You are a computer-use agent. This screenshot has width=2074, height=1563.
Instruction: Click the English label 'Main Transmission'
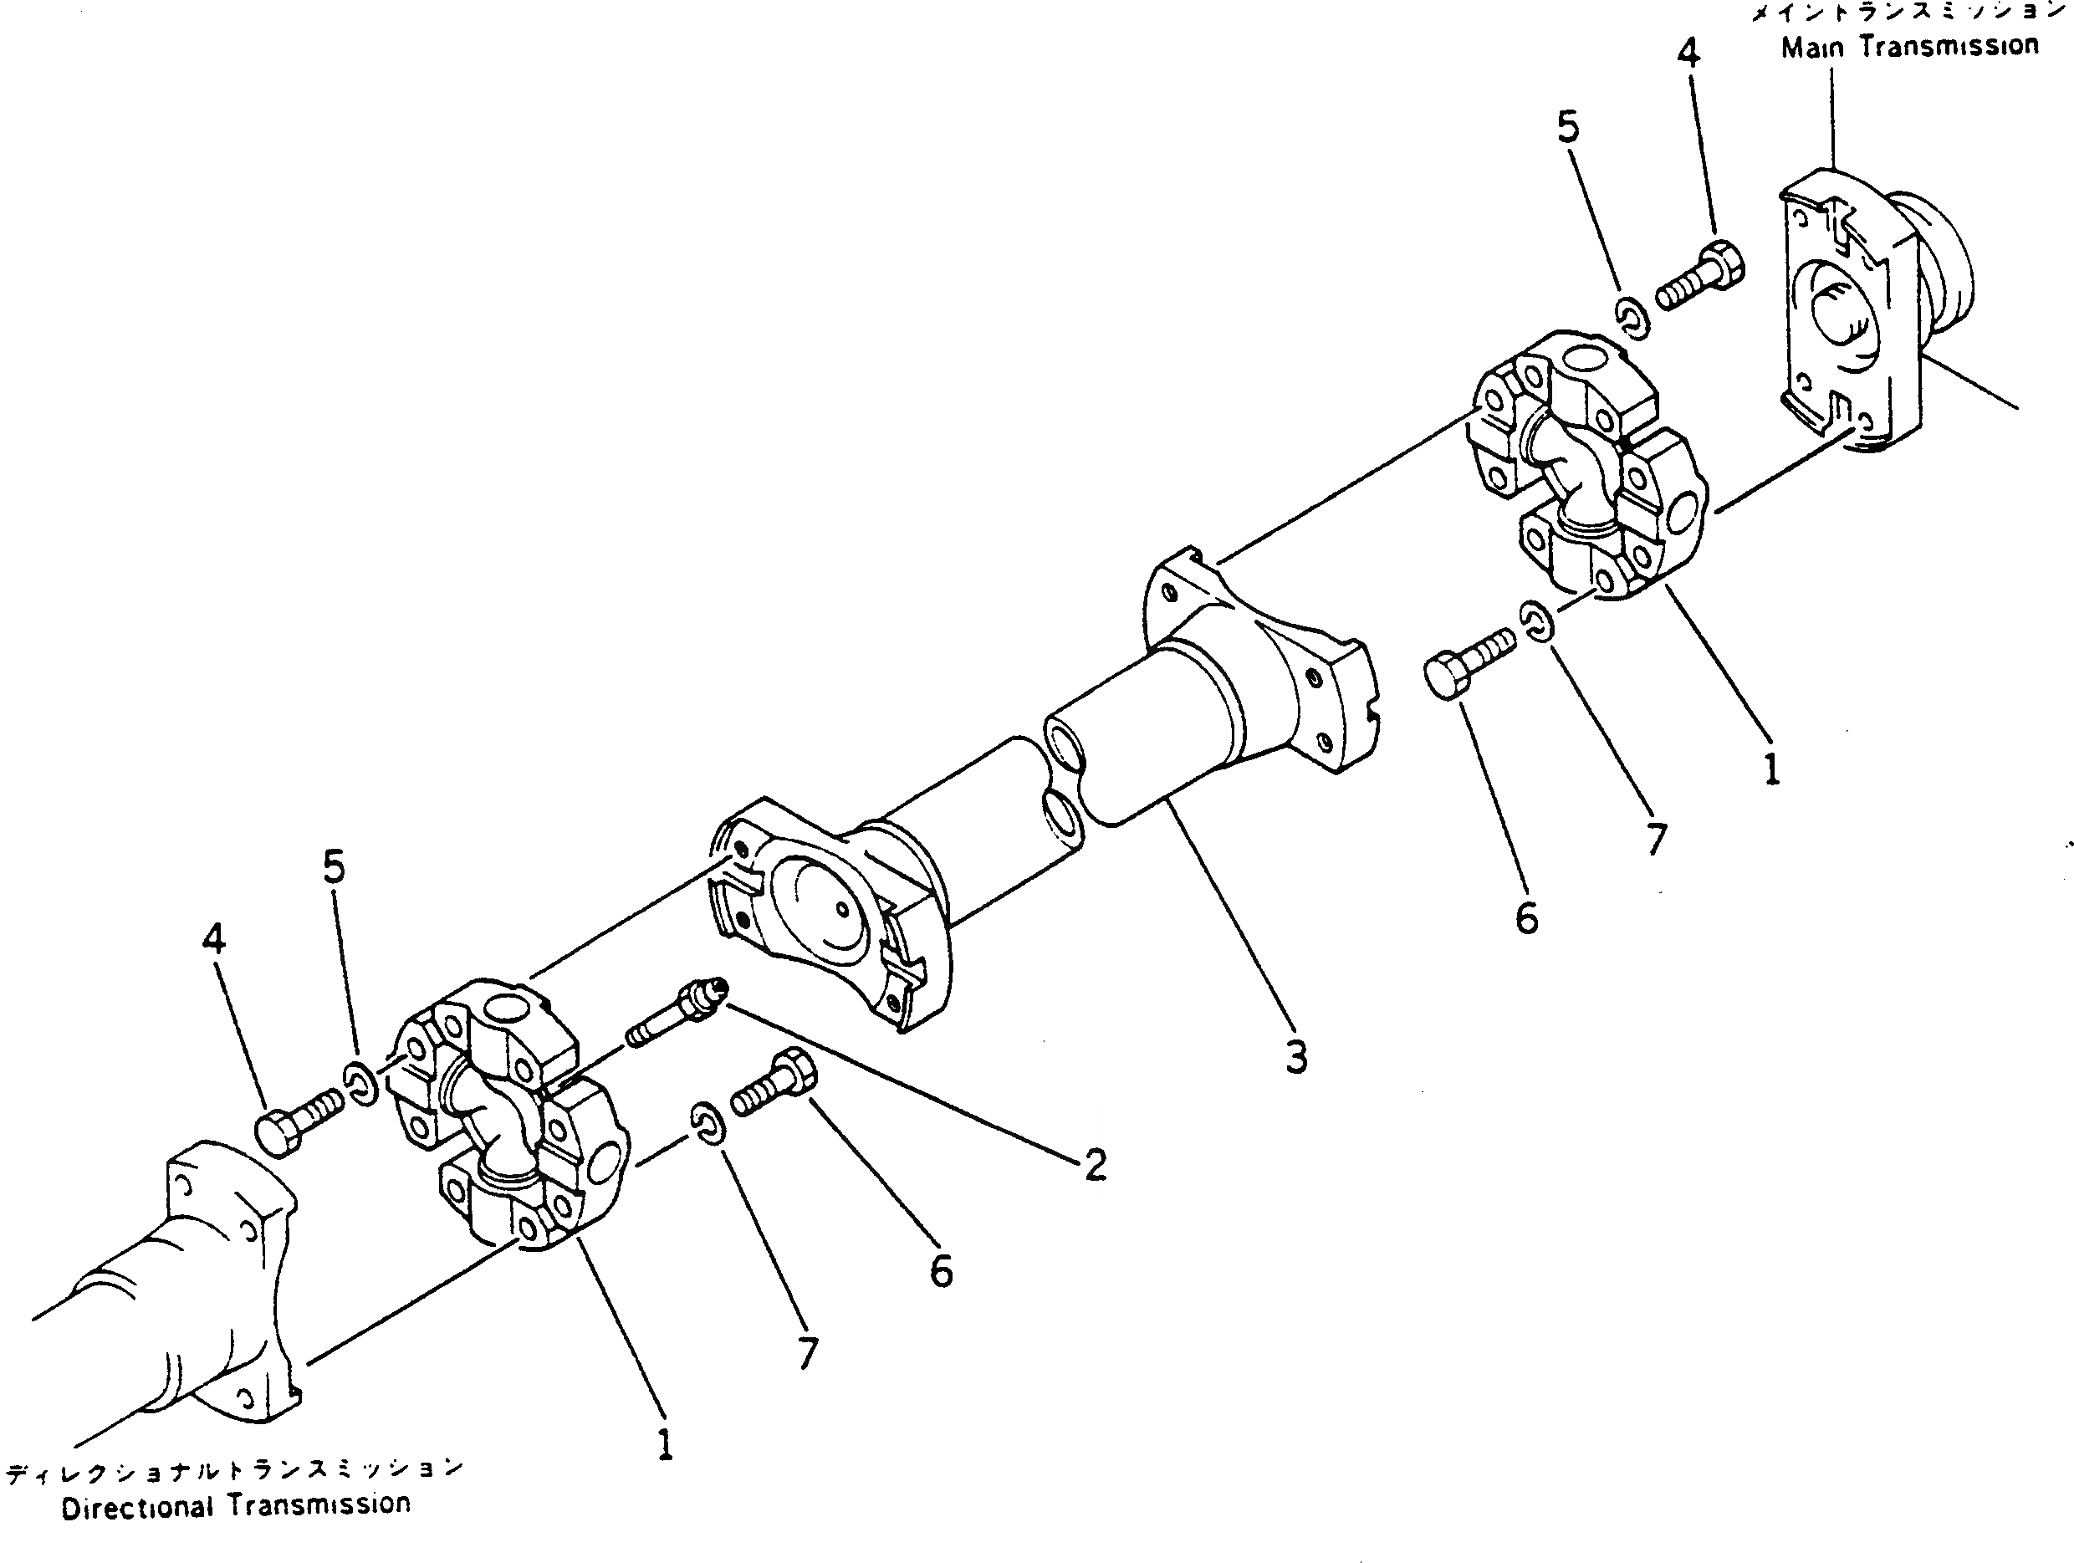click(x=1910, y=47)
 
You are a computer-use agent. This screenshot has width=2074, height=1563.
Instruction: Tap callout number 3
click(x=1295, y=1058)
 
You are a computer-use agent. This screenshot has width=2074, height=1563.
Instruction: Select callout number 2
click(x=1096, y=1166)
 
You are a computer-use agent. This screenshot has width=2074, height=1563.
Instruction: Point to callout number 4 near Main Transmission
click(x=1688, y=54)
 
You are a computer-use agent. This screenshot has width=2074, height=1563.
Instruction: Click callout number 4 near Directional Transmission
click(x=214, y=937)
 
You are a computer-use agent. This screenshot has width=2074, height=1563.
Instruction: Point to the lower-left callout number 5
click(x=335, y=867)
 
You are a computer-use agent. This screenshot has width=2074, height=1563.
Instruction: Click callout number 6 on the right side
click(x=1527, y=918)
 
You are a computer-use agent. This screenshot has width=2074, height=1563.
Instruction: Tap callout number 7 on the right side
click(x=1657, y=839)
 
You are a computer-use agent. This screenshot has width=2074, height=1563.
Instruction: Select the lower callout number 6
click(x=942, y=1272)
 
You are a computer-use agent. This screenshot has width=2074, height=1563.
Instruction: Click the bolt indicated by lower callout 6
click(x=775, y=1085)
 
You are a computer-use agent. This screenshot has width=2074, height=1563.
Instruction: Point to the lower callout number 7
click(x=808, y=1353)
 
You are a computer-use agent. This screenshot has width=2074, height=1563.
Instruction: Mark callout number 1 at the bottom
click(x=665, y=1445)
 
